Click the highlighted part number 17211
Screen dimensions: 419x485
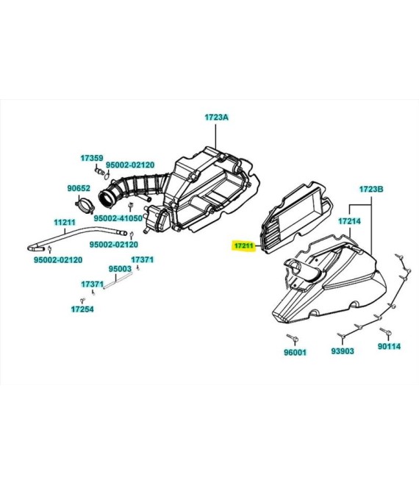click(244, 246)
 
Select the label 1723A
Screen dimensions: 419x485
click(216, 118)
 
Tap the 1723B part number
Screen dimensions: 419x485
click(371, 190)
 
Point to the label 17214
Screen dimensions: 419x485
click(349, 221)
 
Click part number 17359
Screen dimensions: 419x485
click(92, 158)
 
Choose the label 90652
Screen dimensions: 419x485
click(79, 188)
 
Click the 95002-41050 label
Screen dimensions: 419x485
click(118, 218)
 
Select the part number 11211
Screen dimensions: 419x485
click(65, 222)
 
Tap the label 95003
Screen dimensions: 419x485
click(120, 269)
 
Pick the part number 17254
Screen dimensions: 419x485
click(82, 309)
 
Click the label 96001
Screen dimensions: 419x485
click(295, 352)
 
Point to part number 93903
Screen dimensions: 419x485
click(343, 351)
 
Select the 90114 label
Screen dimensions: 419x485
click(389, 346)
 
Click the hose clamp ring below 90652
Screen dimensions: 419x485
click(85, 205)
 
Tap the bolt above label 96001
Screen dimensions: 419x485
click(293, 338)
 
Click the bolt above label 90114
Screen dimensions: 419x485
click(385, 331)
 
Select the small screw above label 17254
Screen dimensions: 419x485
click(82, 301)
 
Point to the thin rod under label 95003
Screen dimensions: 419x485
click(118, 281)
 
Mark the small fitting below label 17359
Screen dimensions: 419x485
click(99, 171)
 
